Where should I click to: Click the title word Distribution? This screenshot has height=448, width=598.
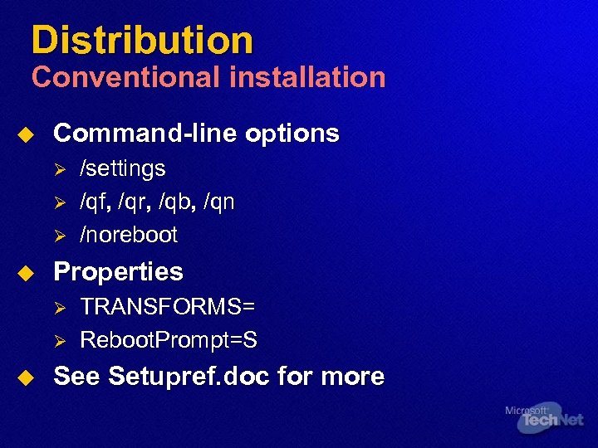142,39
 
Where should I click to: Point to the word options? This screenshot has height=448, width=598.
295,133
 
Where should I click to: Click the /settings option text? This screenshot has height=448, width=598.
122,168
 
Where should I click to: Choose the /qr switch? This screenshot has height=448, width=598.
133,202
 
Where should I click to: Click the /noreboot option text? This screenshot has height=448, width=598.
128,235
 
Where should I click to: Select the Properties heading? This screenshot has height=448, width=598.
118,271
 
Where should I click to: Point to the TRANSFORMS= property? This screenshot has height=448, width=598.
167,306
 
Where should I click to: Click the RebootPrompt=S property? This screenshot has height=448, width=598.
168,339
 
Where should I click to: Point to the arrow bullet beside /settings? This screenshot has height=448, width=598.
59,169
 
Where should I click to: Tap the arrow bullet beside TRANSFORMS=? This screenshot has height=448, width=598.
59,307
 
